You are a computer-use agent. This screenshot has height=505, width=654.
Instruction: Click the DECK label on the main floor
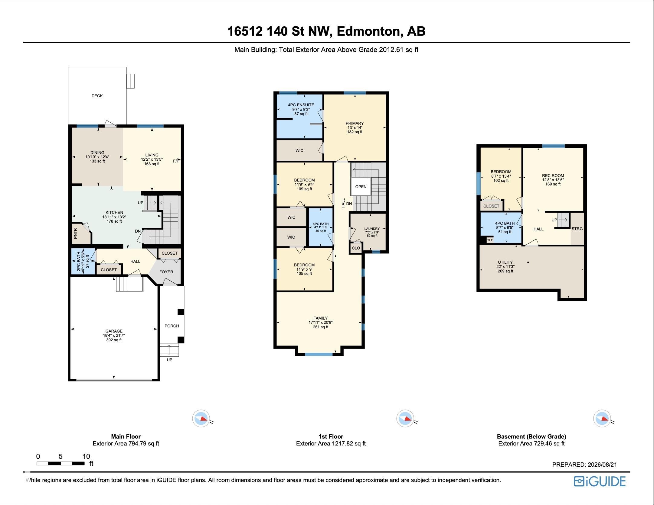pos(97,96)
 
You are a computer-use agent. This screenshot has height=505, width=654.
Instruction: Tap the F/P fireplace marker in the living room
pos(176,161)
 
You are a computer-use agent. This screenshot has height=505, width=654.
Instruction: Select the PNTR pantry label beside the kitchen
pos(76,233)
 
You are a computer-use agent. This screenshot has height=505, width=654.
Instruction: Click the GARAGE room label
pos(114,331)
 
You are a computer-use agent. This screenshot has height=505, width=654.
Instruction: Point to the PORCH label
pos(172,326)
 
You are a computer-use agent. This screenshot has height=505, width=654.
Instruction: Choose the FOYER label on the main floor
pos(166,272)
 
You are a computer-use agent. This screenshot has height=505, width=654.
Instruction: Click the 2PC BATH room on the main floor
pos(79,261)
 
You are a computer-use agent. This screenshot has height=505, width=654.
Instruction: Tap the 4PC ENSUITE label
pos(301,105)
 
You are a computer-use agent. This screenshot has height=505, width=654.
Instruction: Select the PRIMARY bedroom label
pos(355,123)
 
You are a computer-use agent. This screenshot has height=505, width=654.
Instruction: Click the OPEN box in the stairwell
pos(361,187)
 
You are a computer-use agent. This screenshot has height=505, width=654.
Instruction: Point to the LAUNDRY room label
pos(372,229)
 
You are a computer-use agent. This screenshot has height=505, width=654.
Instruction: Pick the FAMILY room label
pos(321,318)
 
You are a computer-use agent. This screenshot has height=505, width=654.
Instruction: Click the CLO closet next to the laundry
pos(356,248)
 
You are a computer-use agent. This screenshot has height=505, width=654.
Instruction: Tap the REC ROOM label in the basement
pos(553,175)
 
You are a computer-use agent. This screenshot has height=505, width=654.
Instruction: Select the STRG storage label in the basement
pos(577,229)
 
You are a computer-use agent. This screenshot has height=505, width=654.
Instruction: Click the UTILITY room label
pos(505,262)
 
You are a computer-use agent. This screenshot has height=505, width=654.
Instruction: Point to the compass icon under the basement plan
pos(602,419)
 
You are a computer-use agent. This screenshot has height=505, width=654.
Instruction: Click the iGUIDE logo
pos(600,481)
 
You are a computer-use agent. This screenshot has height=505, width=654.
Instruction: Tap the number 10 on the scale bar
pos(86,456)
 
